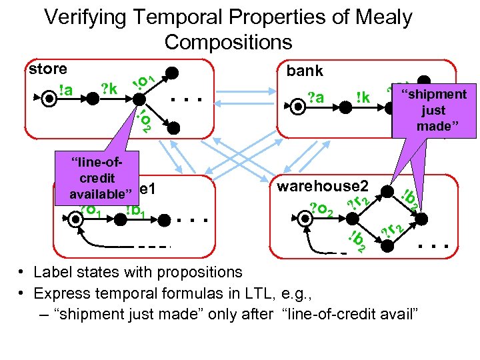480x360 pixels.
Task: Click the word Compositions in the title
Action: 228,42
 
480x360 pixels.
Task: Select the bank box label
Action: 305,71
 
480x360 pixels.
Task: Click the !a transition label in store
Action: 66,89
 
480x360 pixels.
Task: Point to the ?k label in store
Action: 108,88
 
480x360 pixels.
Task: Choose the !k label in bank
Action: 363,98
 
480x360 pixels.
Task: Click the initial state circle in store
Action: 50,99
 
